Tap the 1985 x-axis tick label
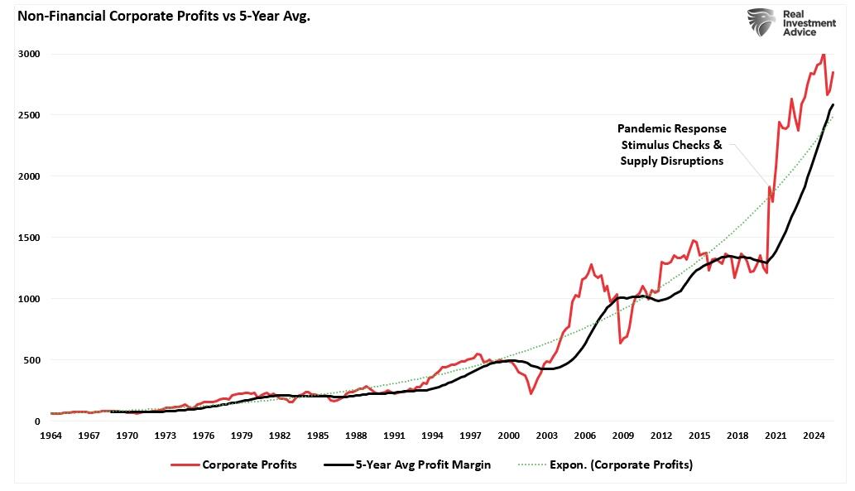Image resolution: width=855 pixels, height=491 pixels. (319, 435)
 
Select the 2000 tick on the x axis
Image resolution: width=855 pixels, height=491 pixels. (508, 435)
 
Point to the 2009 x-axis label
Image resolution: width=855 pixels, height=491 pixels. (623, 435)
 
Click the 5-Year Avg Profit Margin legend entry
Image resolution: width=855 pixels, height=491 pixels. (405, 465)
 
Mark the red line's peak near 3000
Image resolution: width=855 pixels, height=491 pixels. (823, 55)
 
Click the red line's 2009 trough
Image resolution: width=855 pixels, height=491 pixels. (620, 342)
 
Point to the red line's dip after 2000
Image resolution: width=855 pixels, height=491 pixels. (531, 393)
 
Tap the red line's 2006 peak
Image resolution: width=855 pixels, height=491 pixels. (591, 265)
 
